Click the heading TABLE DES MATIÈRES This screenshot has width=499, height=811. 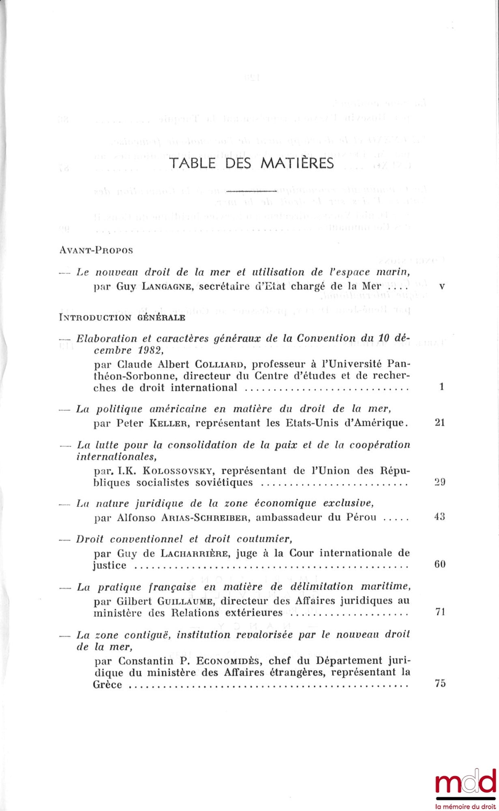(x=252, y=163)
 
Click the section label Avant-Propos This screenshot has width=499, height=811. (x=96, y=250)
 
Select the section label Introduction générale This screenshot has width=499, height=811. (x=122, y=318)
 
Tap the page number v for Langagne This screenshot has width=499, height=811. (x=442, y=286)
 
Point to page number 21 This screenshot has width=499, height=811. (x=440, y=423)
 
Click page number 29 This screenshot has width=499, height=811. (x=440, y=483)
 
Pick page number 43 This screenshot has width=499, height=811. (x=440, y=517)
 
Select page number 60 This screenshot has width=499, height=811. (x=440, y=564)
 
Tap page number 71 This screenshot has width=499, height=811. (x=440, y=612)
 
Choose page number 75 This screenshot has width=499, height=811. (x=440, y=684)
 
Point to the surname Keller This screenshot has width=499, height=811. (x=167, y=423)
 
